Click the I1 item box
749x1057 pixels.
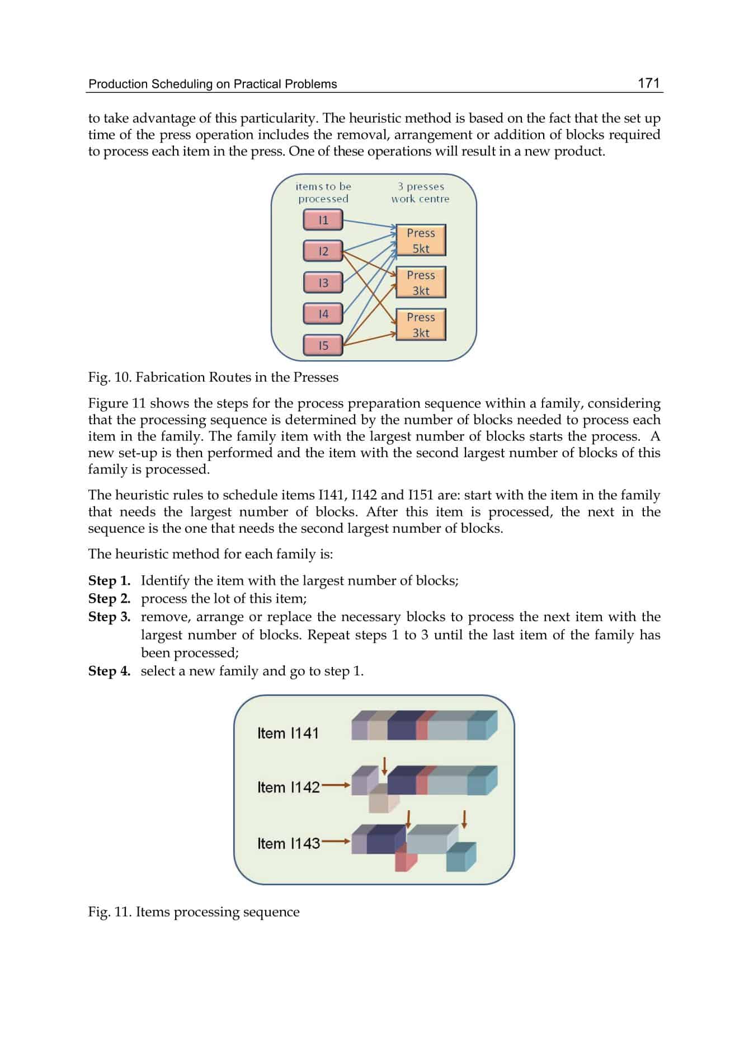point(323,220)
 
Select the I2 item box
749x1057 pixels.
point(323,251)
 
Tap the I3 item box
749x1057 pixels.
point(323,283)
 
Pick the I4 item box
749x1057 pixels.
point(323,314)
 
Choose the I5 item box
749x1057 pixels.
point(323,345)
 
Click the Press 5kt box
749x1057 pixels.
point(421,241)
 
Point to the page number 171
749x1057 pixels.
point(648,83)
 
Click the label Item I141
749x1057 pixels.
point(288,733)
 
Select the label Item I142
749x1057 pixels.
point(288,787)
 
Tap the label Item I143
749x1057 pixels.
point(288,843)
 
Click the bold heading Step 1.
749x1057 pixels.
point(109,581)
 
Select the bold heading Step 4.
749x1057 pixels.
point(109,671)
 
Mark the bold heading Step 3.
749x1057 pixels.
point(109,617)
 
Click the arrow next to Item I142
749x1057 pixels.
point(336,785)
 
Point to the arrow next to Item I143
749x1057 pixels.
point(336,841)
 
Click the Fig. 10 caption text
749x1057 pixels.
point(213,377)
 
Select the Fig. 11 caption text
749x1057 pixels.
point(194,912)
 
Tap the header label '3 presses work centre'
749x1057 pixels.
point(421,192)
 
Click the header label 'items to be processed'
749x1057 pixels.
point(323,192)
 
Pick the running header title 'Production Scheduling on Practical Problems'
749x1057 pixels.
point(213,84)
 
